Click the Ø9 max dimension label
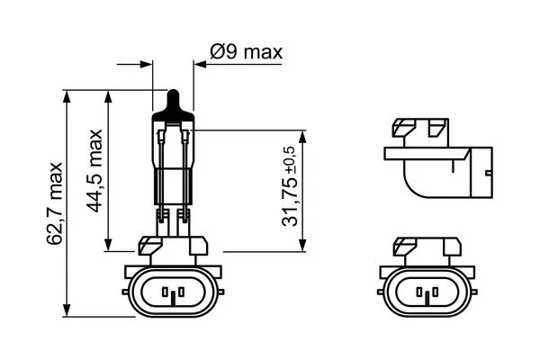[x=245, y=52]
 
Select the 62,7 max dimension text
[x=55, y=202]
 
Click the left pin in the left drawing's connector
[x=167, y=292]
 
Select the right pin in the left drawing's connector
[x=177, y=292]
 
